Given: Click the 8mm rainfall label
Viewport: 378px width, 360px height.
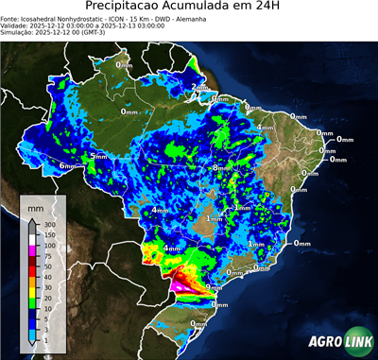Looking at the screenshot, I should tap(220, 167).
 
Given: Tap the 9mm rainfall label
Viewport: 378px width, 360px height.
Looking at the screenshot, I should tap(214, 287).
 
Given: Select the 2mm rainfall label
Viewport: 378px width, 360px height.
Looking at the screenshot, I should tap(198, 88).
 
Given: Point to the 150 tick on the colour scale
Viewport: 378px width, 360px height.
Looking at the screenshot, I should tap(48, 234).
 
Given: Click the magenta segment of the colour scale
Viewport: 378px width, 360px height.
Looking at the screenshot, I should tap(32, 250).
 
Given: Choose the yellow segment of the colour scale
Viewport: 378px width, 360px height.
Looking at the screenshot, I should tap(32, 293).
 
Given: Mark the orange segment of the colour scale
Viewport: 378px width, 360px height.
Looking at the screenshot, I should tap(32, 283).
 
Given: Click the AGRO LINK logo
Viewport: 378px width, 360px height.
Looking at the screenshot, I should tap(336, 341).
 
